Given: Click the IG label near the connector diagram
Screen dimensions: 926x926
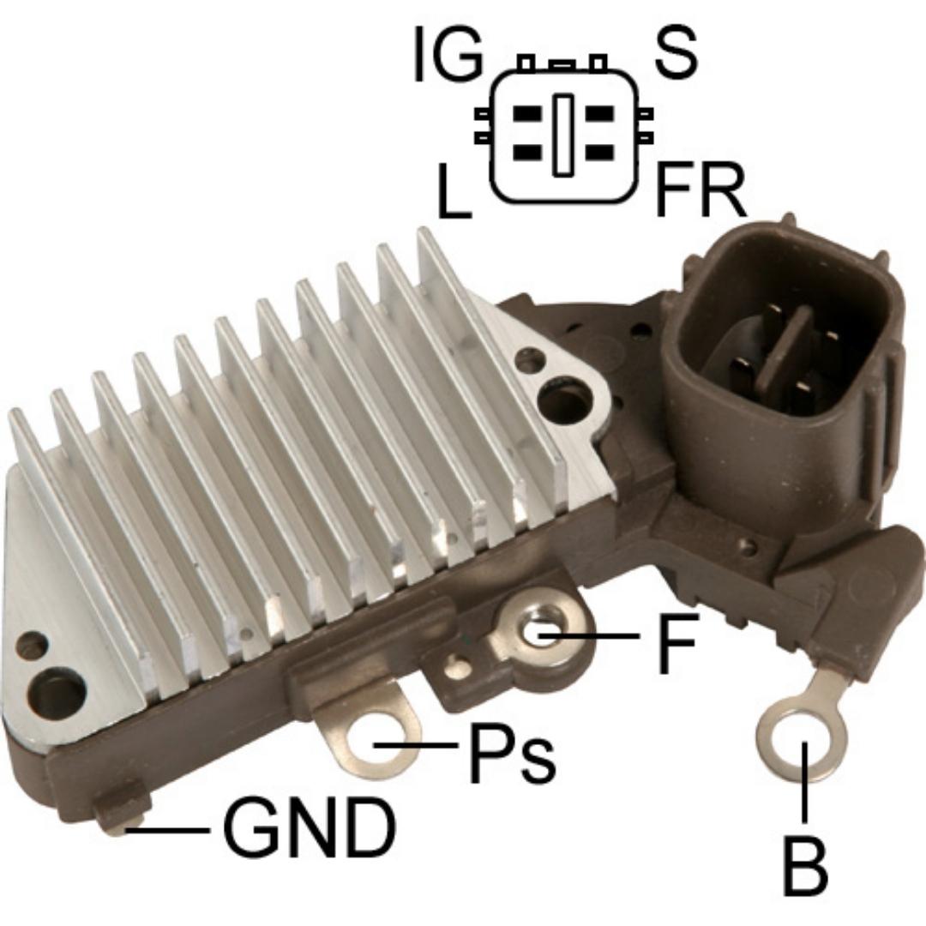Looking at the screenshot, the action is (448, 55).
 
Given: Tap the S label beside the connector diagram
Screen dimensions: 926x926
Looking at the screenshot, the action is (676, 54).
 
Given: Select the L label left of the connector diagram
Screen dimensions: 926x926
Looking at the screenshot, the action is (454, 190).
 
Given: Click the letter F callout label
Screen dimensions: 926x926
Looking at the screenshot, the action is (677, 643).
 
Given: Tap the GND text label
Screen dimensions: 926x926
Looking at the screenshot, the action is (310, 827).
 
